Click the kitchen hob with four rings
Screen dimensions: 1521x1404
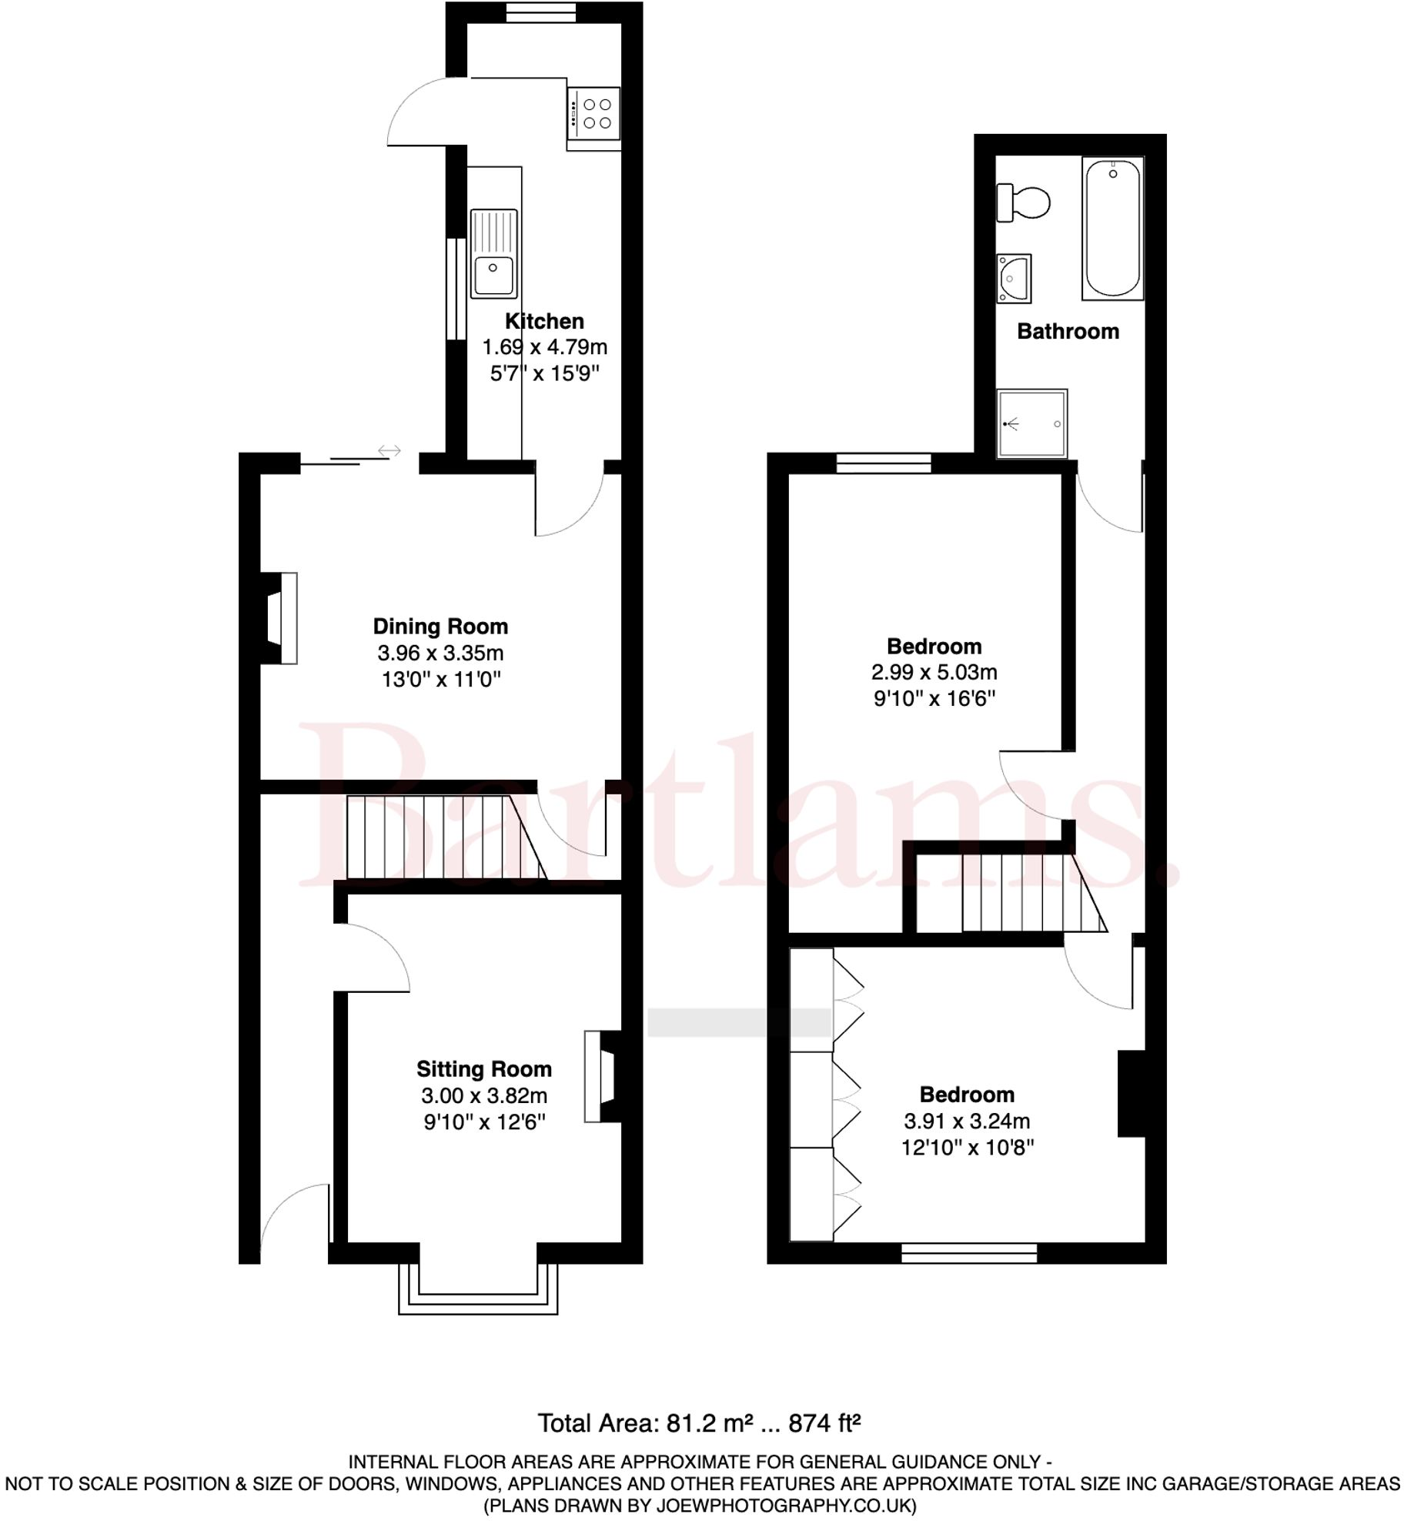pos(593,113)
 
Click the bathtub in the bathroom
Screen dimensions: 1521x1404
pos(1112,228)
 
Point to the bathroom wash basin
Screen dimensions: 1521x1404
pos(1013,278)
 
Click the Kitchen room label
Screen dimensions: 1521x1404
pos(544,321)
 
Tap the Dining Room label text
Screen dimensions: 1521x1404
pos(440,627)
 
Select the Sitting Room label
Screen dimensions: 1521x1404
pos(484,1069)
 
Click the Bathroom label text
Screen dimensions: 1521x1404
pos(1068,332)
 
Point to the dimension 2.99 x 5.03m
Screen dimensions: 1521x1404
pos(934,672)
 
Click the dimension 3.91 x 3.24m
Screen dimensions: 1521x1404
pos(967,1121)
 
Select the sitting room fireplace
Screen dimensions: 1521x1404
pos(600,1076)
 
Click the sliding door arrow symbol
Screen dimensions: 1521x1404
pos(389,451)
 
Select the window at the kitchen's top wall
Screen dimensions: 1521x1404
pos(541,12)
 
